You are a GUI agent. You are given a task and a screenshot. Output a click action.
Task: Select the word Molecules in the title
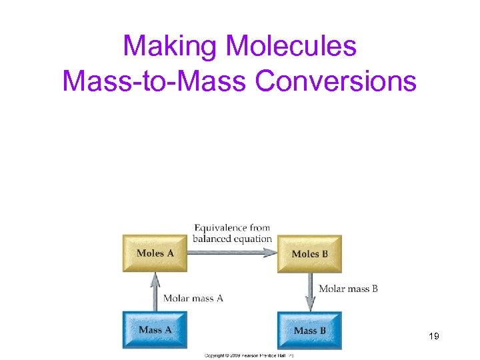coord(291,46)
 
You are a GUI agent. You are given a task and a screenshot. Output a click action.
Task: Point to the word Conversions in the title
coord(336,81)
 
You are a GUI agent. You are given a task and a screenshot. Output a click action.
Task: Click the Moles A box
coord(155,253)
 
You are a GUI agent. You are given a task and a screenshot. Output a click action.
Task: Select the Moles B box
coord(309,254)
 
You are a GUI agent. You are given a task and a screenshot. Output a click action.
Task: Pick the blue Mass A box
coord(155,330)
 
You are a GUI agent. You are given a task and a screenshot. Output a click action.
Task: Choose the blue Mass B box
coord(309,331)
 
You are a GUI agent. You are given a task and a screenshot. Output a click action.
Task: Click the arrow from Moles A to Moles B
coord(232,253)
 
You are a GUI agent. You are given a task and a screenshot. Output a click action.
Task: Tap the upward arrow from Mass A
coord(155,291)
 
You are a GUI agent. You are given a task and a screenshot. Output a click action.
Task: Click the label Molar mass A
coord(193,299)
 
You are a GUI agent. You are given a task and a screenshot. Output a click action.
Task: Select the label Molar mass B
coord(348,289)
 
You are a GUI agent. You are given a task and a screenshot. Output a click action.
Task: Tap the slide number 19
coord(433,337)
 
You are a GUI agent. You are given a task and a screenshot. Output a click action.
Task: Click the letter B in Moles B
coord(324,254)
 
